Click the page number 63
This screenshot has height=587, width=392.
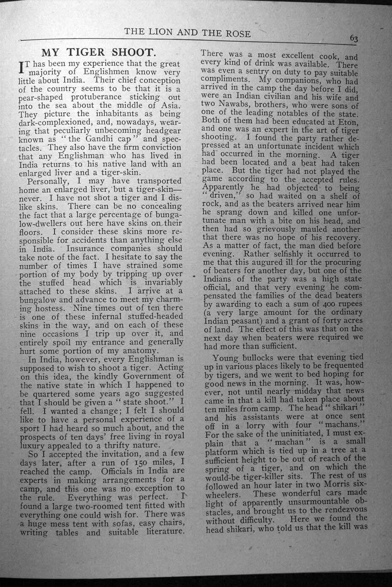[353, 39]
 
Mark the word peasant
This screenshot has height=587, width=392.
[246, 321]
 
